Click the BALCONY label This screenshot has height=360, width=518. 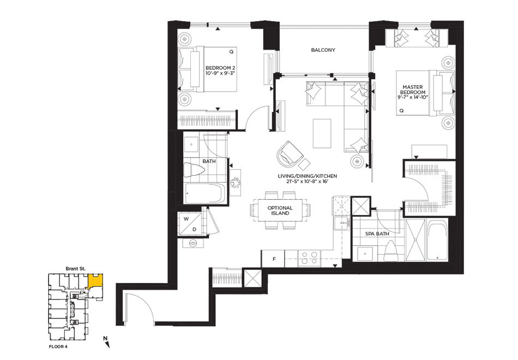tap(323, 50)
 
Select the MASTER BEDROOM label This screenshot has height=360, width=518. tap(413, 89)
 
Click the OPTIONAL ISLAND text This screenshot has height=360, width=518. tap(280, 211)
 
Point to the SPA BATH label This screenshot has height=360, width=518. tap(377, 233)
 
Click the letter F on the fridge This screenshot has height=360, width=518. tap(274, 259)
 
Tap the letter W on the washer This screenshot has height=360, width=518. tap(186, 219)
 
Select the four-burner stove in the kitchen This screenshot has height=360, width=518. tap(309, 258)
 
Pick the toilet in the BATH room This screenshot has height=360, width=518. tap(194, 170)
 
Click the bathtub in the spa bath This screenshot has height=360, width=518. tap(437, 239)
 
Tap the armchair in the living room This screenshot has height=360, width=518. tap(290, 154)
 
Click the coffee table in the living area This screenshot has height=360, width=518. tap(322, 134)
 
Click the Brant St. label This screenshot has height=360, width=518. tap(75, 269)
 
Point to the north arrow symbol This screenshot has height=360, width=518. tap(106, 342)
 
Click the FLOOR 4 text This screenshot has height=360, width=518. tap(58, 347)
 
